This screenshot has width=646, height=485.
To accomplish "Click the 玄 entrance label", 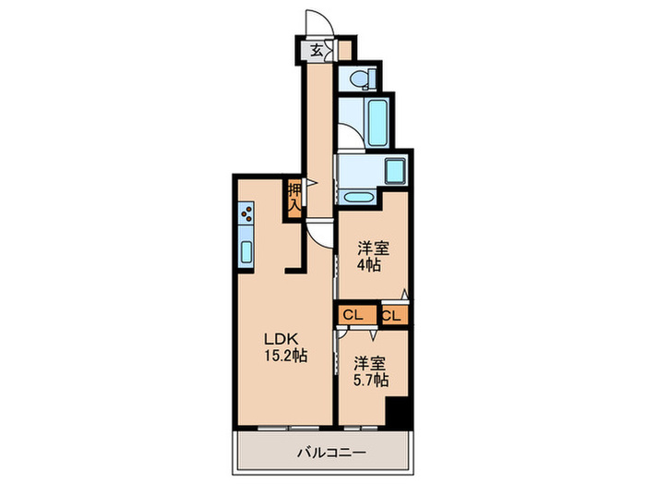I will point(316,51).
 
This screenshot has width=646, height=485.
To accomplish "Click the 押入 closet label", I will point(293,198).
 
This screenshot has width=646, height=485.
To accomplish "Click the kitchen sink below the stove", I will point(247,251).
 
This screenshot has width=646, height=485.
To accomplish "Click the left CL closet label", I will point(353,316).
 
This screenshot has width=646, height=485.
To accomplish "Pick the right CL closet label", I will point(391,316).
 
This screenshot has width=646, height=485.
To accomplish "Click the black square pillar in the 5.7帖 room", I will point(397,412).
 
